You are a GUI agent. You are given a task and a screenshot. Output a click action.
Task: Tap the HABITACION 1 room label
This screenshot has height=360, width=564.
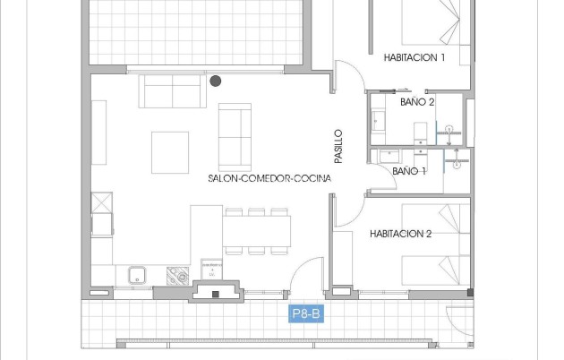414,57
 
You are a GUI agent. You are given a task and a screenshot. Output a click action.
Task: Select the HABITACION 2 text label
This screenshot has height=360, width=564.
401,234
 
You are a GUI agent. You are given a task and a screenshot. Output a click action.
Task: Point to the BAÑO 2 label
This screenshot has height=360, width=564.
417,103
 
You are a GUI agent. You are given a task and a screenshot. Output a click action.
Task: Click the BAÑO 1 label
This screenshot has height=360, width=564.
409,170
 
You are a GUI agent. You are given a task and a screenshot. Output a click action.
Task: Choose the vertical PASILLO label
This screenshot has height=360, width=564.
338,146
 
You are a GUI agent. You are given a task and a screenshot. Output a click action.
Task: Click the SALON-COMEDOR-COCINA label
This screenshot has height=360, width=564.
269,178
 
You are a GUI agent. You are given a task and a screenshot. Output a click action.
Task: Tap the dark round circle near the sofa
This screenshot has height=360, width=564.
215,81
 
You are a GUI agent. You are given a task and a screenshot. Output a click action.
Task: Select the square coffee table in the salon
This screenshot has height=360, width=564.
169,151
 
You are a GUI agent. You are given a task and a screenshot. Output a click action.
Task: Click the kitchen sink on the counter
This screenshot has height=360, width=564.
137,275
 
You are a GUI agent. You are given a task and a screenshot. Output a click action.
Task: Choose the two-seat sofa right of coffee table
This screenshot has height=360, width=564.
235,135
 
